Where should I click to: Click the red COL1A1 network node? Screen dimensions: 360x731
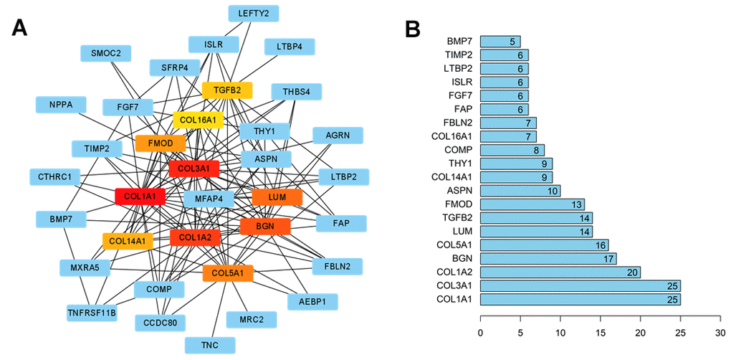coord(140,196)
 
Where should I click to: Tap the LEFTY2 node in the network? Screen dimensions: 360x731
coord(254,13)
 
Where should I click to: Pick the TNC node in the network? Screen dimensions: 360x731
coord(210,345)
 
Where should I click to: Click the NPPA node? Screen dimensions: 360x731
coord(61,105)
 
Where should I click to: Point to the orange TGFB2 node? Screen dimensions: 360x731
coord(226,90)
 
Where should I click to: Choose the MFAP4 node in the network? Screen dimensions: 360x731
coord(209,198)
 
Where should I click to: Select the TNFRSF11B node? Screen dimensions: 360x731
coord(92,313)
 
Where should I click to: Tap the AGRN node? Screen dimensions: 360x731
coord(338,136)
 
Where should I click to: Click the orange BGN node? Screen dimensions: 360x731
coord(265,227)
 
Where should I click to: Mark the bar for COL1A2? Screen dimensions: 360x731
coord(560,272)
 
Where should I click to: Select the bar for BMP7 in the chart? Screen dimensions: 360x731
coord(500,41)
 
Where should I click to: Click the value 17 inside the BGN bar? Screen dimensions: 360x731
coord(608,258)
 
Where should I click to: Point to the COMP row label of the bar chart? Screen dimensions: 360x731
coord(459,150)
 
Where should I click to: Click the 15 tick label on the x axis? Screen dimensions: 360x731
coord(600,333)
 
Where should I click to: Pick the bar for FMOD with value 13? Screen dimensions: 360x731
coord(532,204)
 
